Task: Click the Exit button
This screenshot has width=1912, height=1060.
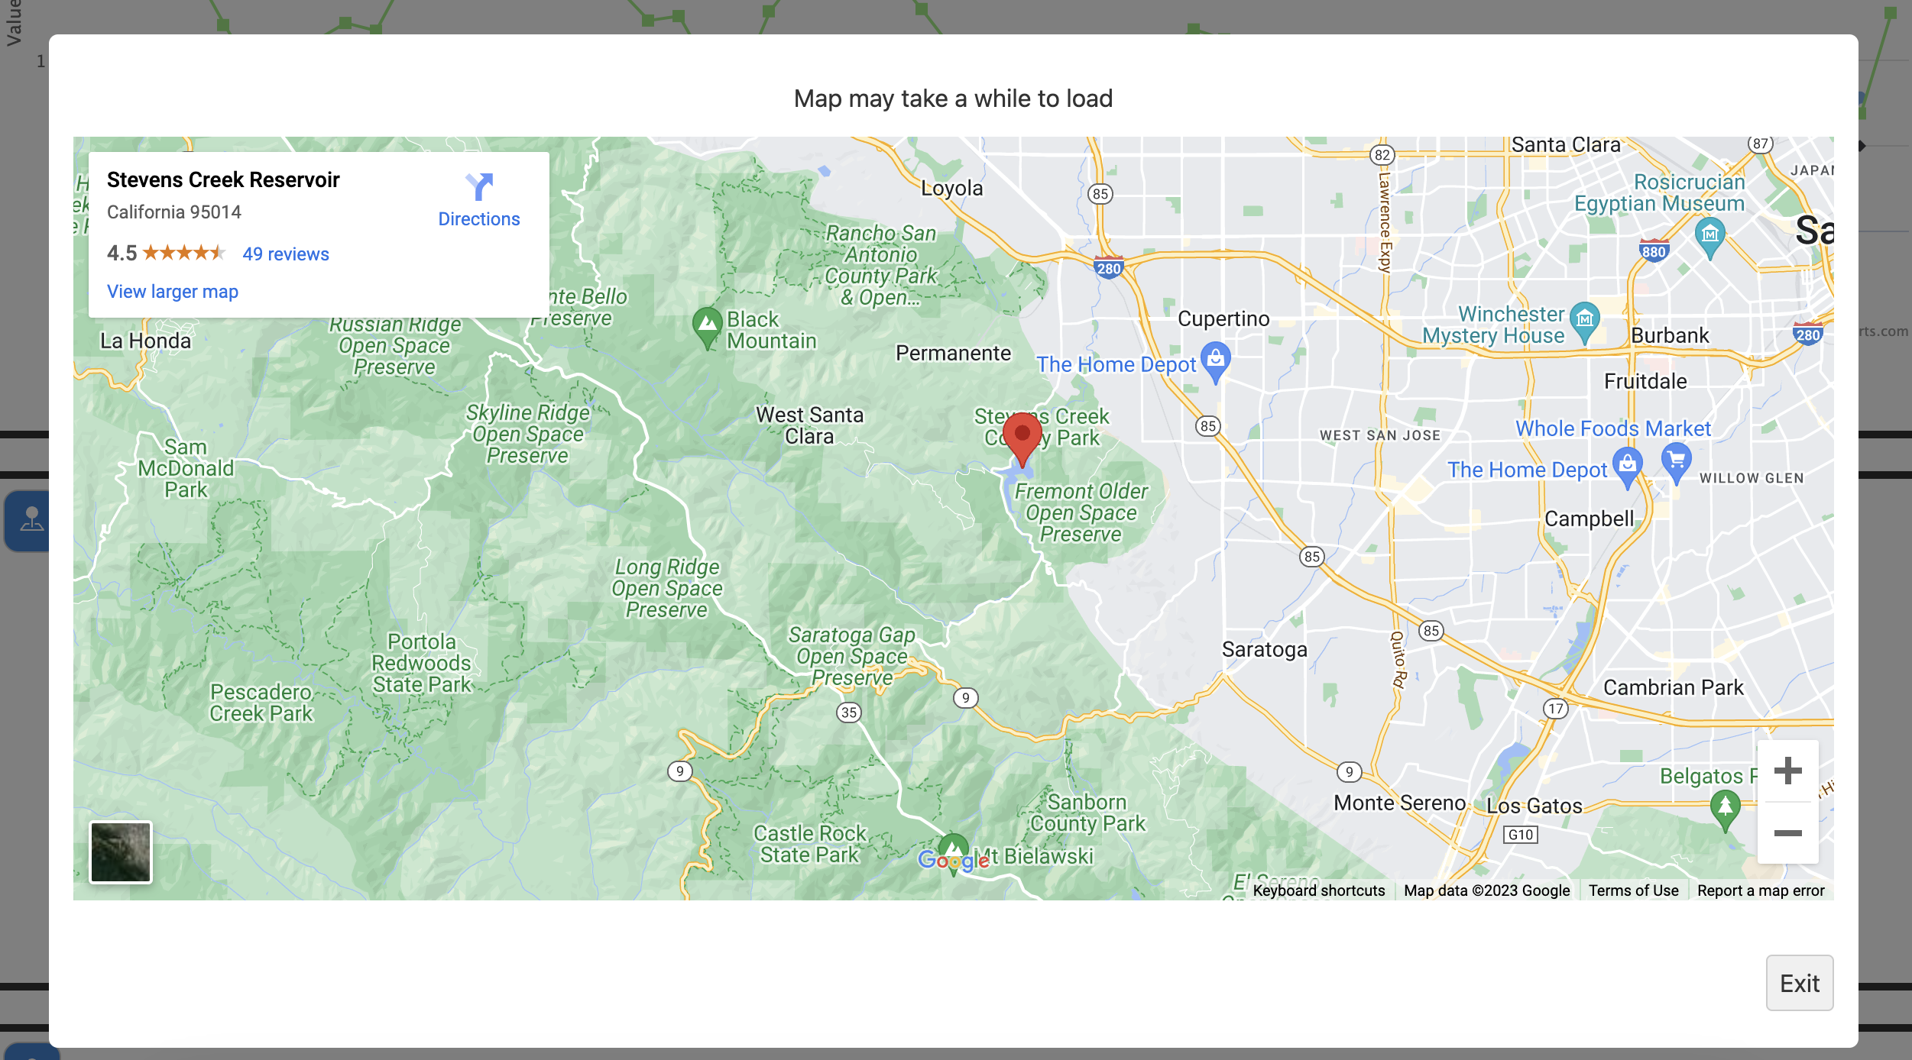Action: [x=1799, y=983]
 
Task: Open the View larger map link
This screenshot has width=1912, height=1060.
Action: [x=173, y=292]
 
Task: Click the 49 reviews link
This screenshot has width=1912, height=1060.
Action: [x=286, y=254]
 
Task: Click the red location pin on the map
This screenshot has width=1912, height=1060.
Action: [x=1022, y=436]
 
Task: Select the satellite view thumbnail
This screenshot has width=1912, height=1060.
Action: [x=121, y=852]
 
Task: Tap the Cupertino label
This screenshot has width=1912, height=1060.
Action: [x=1223, y=319]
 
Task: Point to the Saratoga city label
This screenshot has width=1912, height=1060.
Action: [x=1264, y=650]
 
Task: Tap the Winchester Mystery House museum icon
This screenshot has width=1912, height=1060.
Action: [x=1584, y=318]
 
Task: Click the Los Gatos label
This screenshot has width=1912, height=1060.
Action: [x=1534, y=806]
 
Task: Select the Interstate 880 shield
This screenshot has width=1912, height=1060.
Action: [x=1653, y=251]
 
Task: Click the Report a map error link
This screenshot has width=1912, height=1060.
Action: [x=1760, y=890]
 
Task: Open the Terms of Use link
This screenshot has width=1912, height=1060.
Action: [x=1633, y=890]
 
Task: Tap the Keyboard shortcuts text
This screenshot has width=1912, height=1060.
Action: [x=1318, y=890]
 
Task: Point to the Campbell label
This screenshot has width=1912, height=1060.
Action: [x=1589, y=519]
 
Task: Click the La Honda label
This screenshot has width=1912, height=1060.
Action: [x=145, y=341]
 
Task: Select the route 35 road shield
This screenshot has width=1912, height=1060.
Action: [x=848, y=713]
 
